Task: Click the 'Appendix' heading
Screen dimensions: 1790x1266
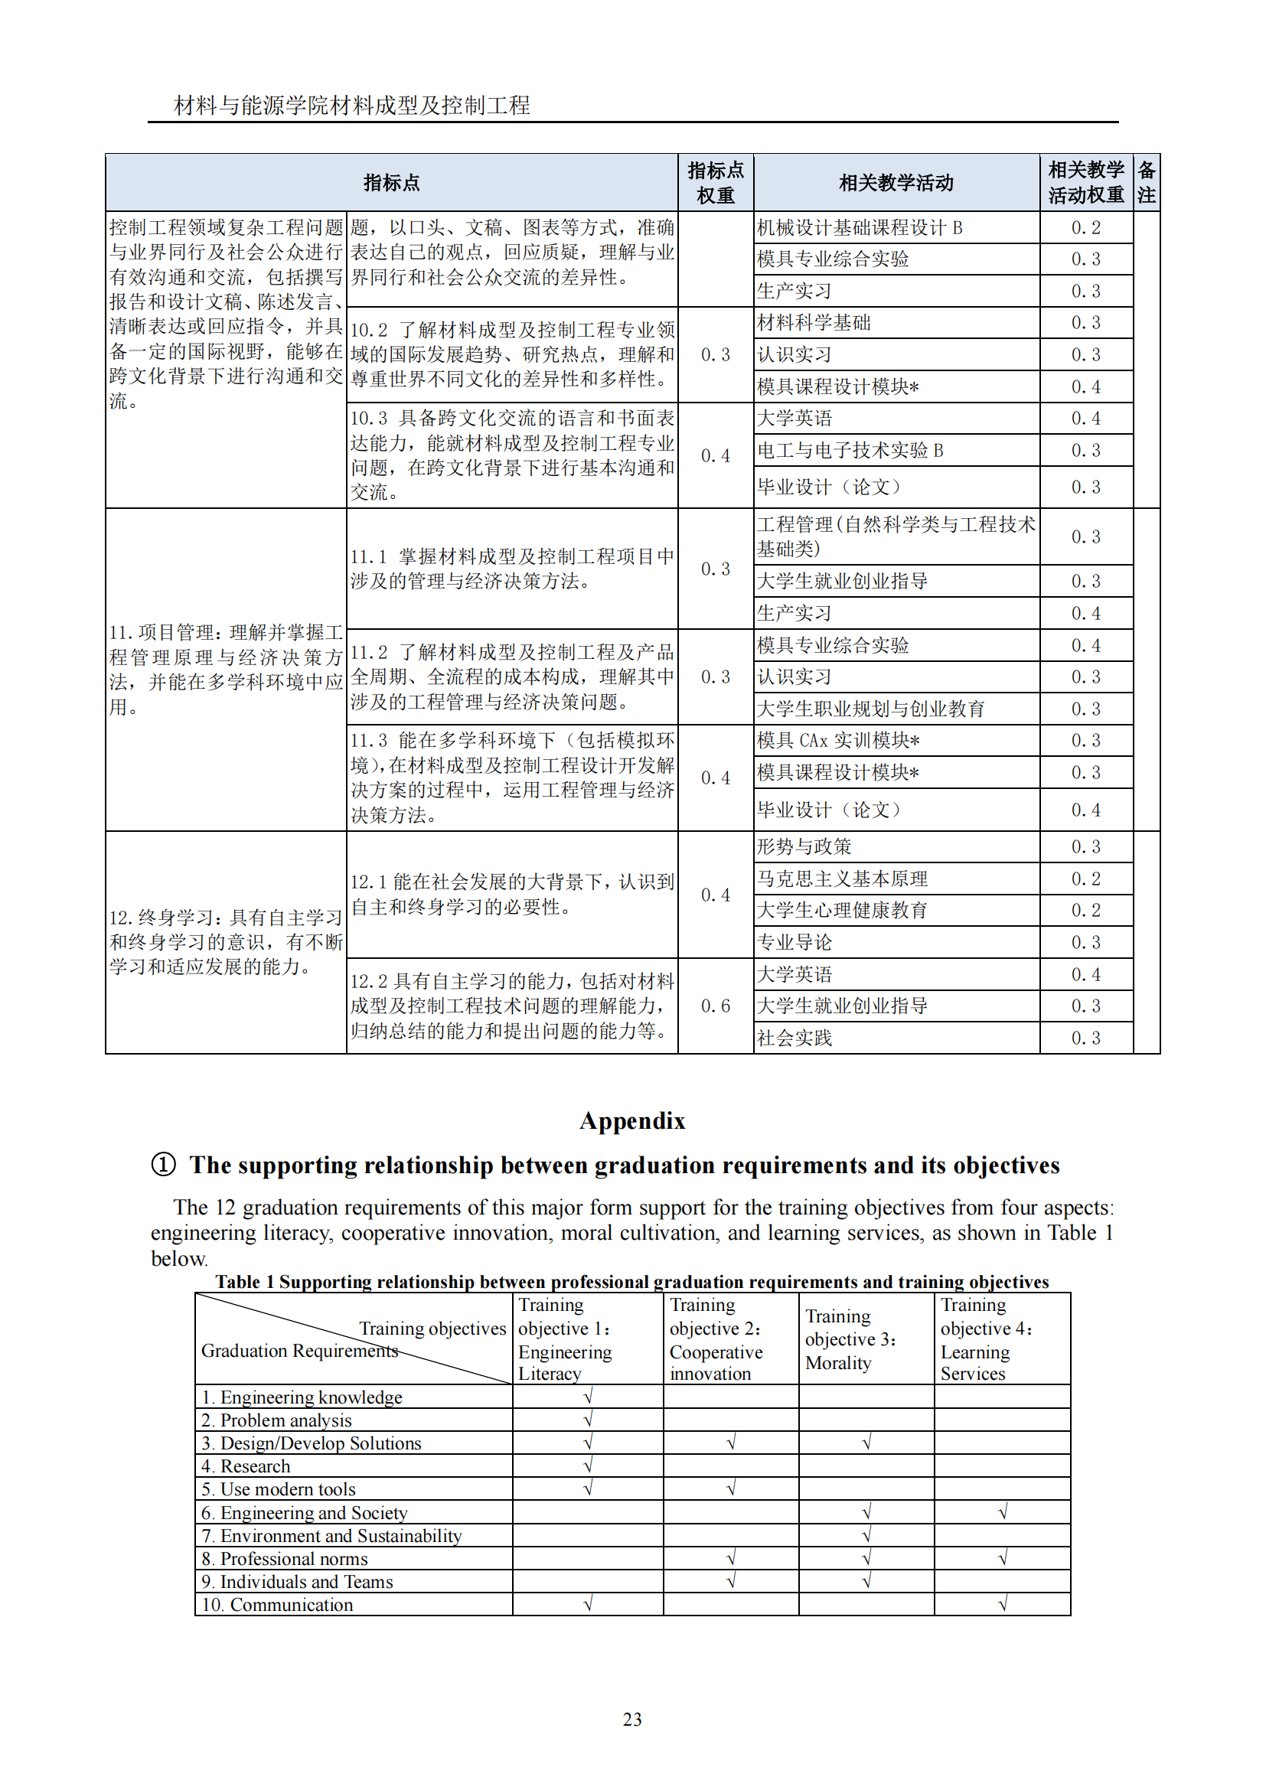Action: tap(632, 1121)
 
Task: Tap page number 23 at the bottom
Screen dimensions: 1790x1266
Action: tap(632, 1719)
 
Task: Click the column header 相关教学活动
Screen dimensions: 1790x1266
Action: tap(896, 182)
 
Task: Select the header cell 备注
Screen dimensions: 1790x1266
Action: tap(1146, 182)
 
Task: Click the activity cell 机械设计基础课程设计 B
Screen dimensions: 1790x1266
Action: tap(860, 227)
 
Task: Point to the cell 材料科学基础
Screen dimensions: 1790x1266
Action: tap(814, 323)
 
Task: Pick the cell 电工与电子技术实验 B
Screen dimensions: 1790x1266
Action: tap(850, 451)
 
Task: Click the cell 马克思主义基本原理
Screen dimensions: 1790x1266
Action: tap(842, 879)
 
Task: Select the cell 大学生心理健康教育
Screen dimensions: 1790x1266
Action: tap(842, 911)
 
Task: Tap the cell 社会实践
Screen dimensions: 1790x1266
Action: tap(795, 1038)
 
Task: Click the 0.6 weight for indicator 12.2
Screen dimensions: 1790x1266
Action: tap(715, 1006)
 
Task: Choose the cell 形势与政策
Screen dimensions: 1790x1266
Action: tap(804, 846)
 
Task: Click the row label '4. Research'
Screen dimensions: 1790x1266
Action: tap(246, 1466)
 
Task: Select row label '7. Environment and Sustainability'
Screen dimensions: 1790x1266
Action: tap(331, 1536)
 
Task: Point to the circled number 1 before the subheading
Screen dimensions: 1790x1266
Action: tap(163, 1165)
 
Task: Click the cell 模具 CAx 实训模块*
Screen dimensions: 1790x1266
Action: tap(838, 741)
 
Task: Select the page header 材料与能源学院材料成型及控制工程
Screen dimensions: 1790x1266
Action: tap(351, 106)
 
